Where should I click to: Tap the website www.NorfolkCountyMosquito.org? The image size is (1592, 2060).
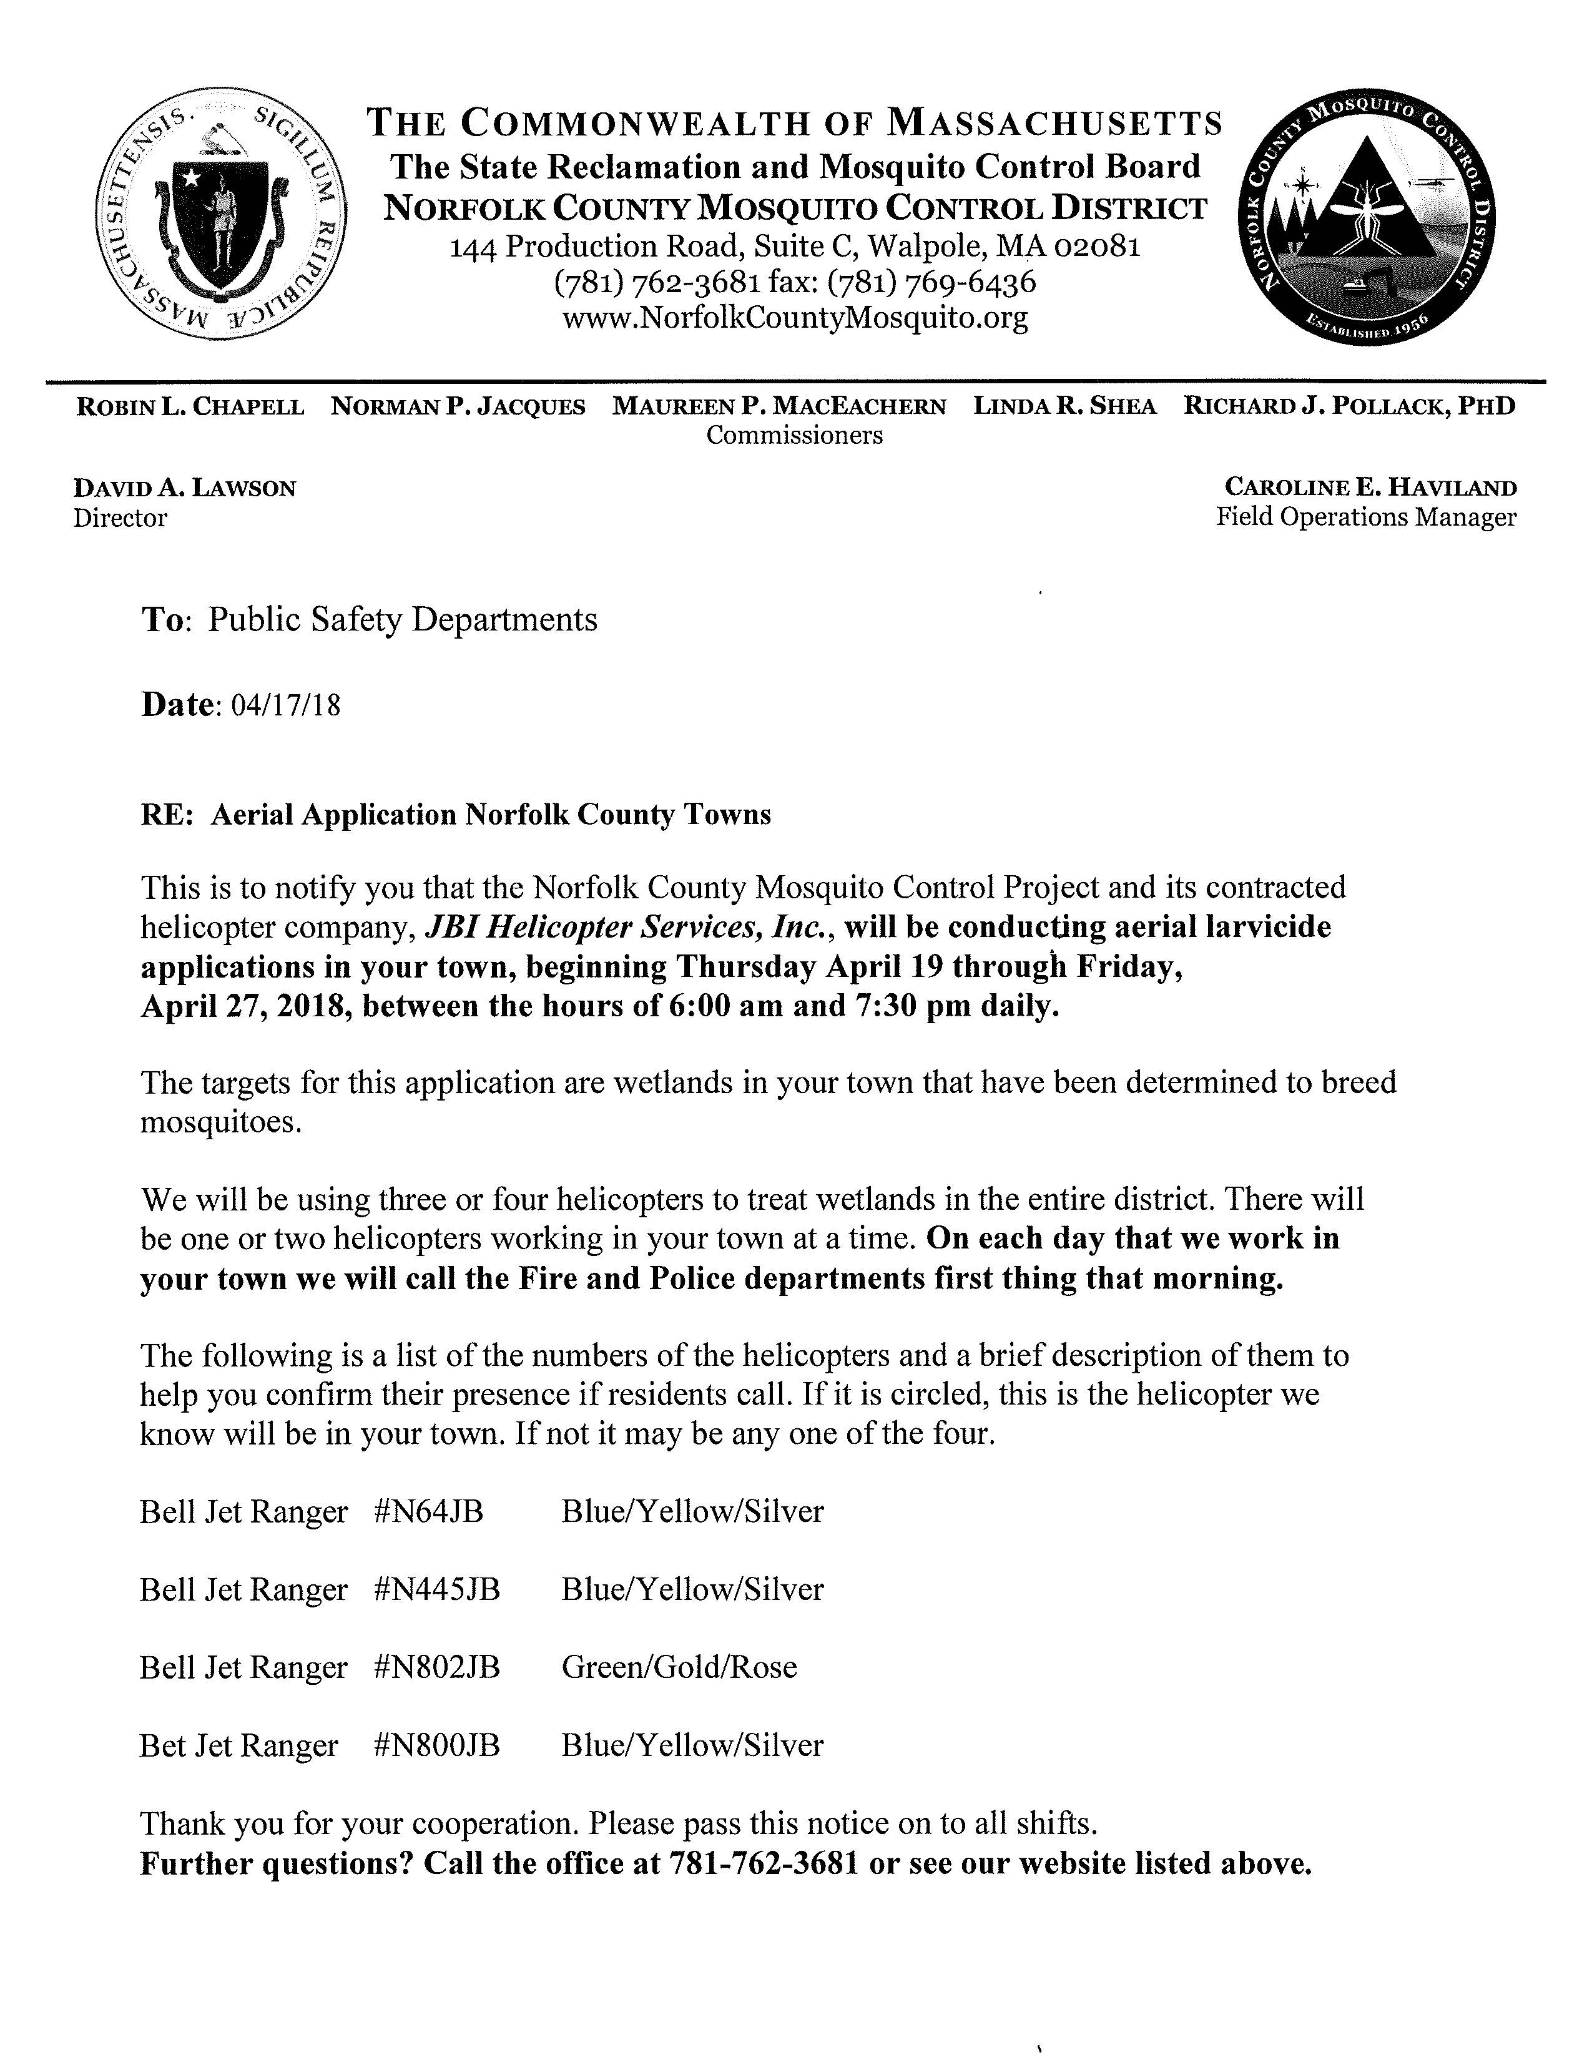pyautogui.click(x=794, y=318)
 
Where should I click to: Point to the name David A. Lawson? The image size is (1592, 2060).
pyautogui.click(x=185, y=489)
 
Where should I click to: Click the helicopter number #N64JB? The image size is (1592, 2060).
pyautogui.click(x=428, y=1512)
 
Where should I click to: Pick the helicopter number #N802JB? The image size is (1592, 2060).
pyautogui.click(x=436, y=1667)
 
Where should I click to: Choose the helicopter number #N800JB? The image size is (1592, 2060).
pyautogui.click(x=436, y=1745)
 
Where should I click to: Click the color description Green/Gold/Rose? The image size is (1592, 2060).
pyautogui.click(x=679, y=1667)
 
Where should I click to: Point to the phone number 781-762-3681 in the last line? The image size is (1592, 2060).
pyautogui.click(x=763, y=1864)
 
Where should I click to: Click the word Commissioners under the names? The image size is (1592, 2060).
pyautogui.click(x=794, y=435)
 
